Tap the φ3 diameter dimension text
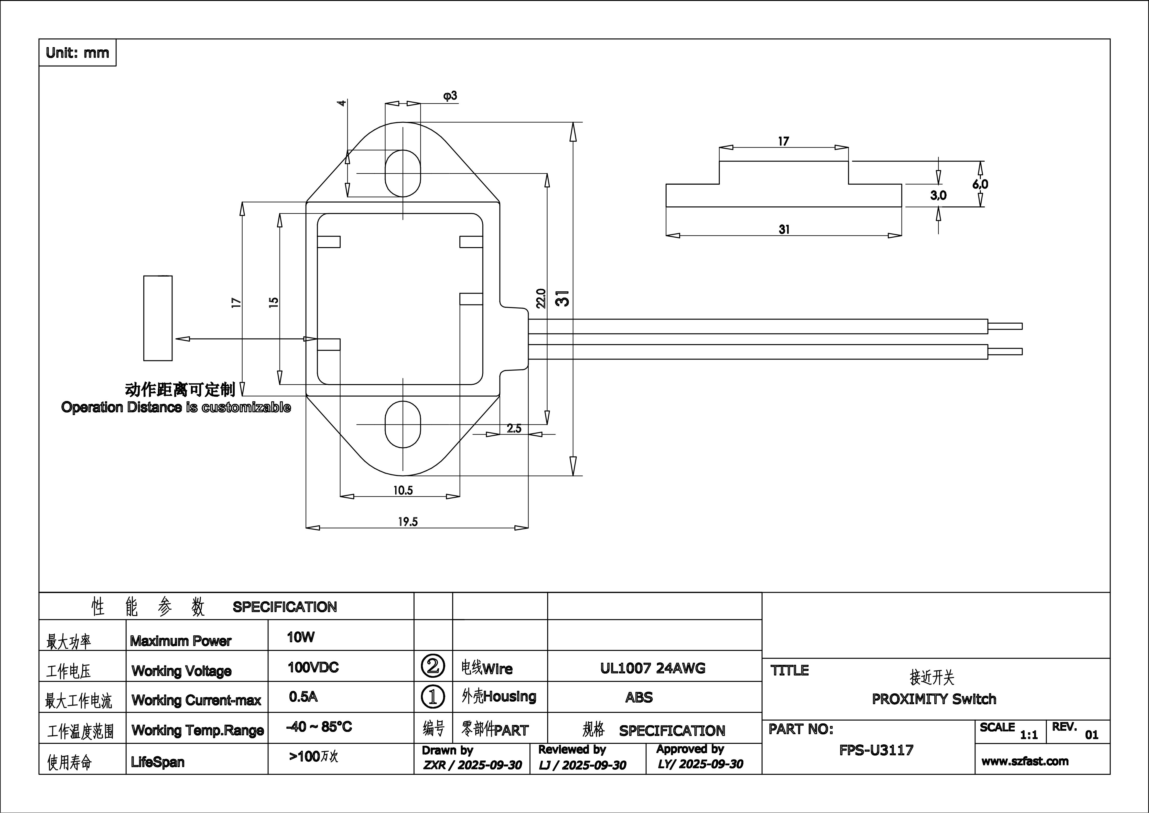tap(450, 96)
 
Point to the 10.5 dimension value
tap(403, 490)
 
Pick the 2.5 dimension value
tap(514, 429)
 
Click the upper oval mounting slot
tap(403, 173)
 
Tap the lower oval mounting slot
tap(403, 424)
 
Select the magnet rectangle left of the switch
tap(158, 318)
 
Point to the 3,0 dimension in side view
tap(938, 195)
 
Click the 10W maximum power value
tap(301, 637)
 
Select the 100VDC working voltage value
tap(313, 667)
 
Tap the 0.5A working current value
tap(303, 697)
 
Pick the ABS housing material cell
tap(639, 697)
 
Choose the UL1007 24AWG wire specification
tap(653, 668)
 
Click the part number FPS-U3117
tap(876, 750)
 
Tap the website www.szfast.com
tap(1025, 762)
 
